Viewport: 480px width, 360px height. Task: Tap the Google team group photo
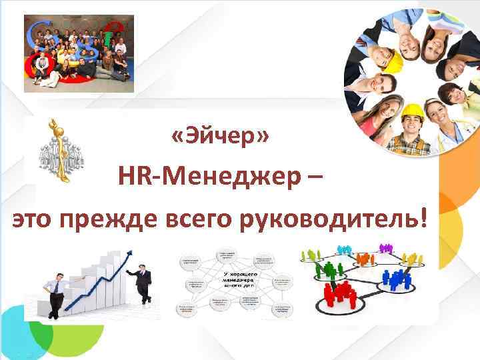tap(79, 53)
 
